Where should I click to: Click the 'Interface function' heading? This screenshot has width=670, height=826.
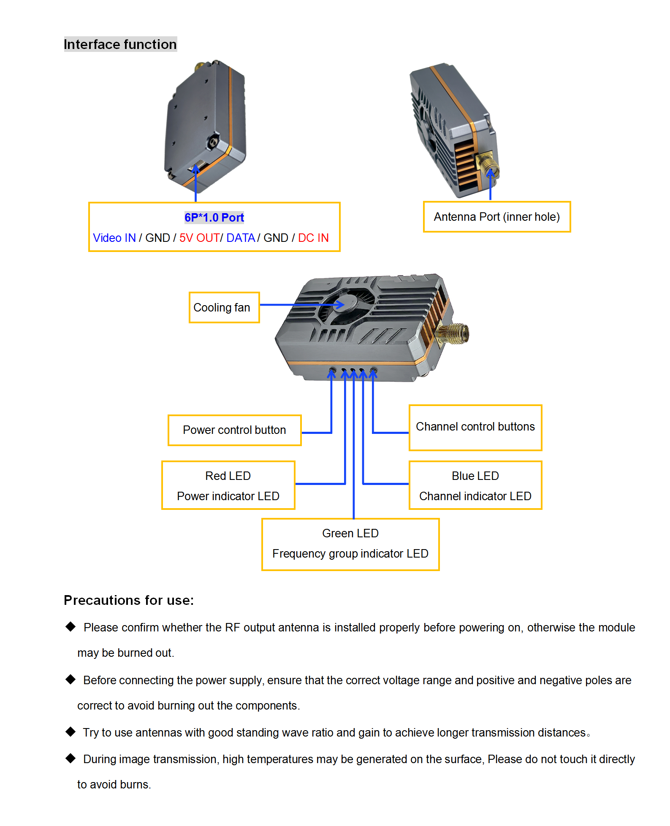coord(120,44)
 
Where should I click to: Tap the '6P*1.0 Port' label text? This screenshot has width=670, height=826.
coord(214,217)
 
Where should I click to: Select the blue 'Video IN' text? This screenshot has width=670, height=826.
coord(114,238)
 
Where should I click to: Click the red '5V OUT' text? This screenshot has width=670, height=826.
coord(199,238)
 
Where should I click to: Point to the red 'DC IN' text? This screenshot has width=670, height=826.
coord(313,238)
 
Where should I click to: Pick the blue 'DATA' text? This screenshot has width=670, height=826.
coord(241,238)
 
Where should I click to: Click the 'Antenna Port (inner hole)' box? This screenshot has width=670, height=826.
coord(496,217)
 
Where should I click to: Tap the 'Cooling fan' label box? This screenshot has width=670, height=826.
coord(224,307)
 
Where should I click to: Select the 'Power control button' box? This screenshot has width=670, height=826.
coord(234,430)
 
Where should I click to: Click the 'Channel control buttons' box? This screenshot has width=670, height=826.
coord(475,427)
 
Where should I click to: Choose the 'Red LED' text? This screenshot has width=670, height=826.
coord(228,476)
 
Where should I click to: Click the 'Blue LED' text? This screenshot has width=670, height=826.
coord(475,476)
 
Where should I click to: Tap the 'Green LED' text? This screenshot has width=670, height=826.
coord(350,534)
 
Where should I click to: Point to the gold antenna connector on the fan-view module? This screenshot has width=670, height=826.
coord(455,333)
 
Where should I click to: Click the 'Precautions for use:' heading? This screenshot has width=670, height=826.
coord(129,600)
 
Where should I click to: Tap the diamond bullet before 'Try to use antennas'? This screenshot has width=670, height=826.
coord(71,732)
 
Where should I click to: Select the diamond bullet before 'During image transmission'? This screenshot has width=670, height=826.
coord(71,758)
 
